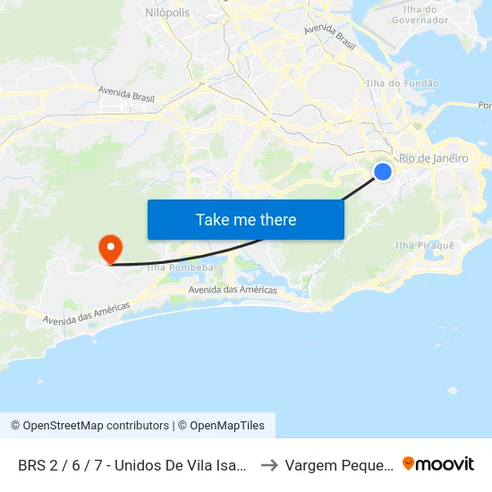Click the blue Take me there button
(x=245, y=219)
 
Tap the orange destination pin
(x=111, y=248)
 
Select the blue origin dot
(x=382, y=171)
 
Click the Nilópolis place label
(x=166, y=13)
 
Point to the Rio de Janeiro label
(x=433, y=158)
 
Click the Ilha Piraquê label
(x=424, y=245)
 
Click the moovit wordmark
(x=445, y=463)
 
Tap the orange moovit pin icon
(x=409, y=463)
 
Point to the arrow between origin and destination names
(x=268, y=464)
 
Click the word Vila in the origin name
(x=189, y=464)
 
